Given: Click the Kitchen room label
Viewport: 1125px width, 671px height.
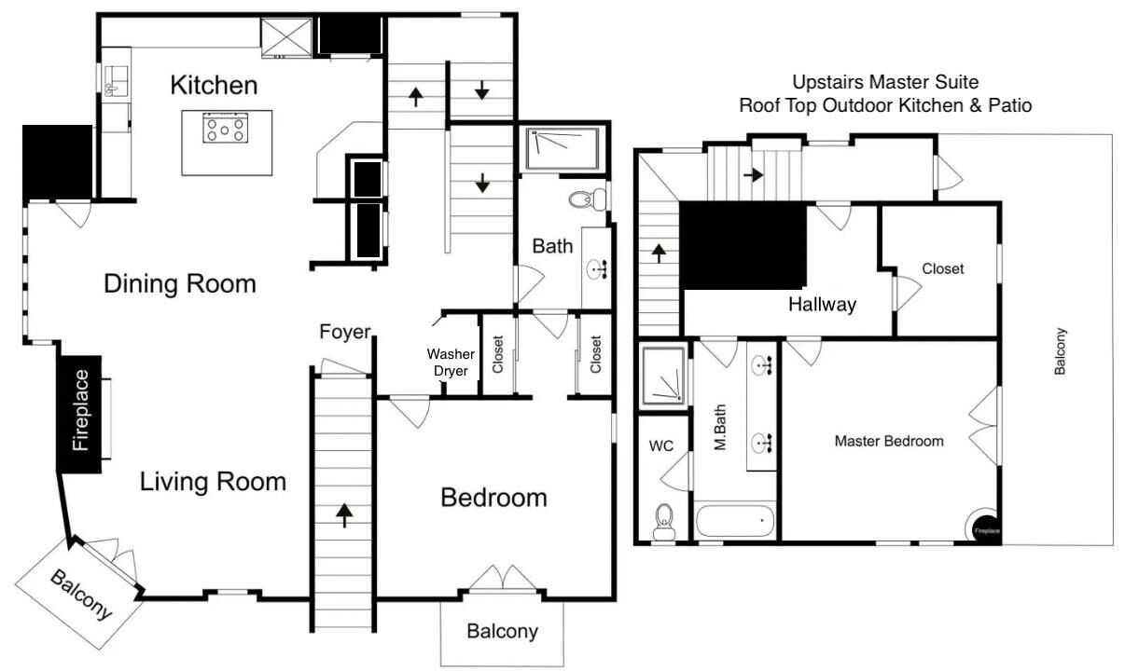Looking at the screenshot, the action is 214,85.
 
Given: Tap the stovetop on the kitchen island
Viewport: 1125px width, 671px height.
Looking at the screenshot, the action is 225,128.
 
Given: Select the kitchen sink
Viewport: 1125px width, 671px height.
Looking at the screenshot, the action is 116,80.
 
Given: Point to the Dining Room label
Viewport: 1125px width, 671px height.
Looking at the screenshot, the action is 180,283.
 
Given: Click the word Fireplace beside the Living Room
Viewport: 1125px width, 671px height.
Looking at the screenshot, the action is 80,410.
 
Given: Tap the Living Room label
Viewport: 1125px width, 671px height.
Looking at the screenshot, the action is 213,481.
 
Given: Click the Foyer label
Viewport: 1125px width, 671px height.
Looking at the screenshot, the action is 345,332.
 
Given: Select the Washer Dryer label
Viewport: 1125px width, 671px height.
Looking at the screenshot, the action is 451,363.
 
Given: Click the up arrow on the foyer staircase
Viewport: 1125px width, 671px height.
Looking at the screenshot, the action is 344,516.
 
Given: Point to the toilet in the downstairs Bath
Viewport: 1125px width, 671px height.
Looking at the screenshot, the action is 588,199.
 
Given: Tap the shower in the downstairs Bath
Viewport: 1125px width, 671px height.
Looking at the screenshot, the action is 562,149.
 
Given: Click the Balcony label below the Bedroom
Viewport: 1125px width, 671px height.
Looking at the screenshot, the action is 502,631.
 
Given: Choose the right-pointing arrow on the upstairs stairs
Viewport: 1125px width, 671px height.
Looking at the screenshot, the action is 754,175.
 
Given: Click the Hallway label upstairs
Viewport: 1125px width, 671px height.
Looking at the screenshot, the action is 822,304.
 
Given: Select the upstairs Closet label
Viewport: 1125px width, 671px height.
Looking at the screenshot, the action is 943,268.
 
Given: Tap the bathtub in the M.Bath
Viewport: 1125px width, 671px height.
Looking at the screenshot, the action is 735,520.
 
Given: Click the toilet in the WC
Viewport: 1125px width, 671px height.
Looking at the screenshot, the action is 664,523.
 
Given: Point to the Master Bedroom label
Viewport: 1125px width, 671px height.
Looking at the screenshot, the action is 889,441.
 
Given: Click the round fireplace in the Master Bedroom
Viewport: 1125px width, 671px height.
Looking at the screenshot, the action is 983,526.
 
